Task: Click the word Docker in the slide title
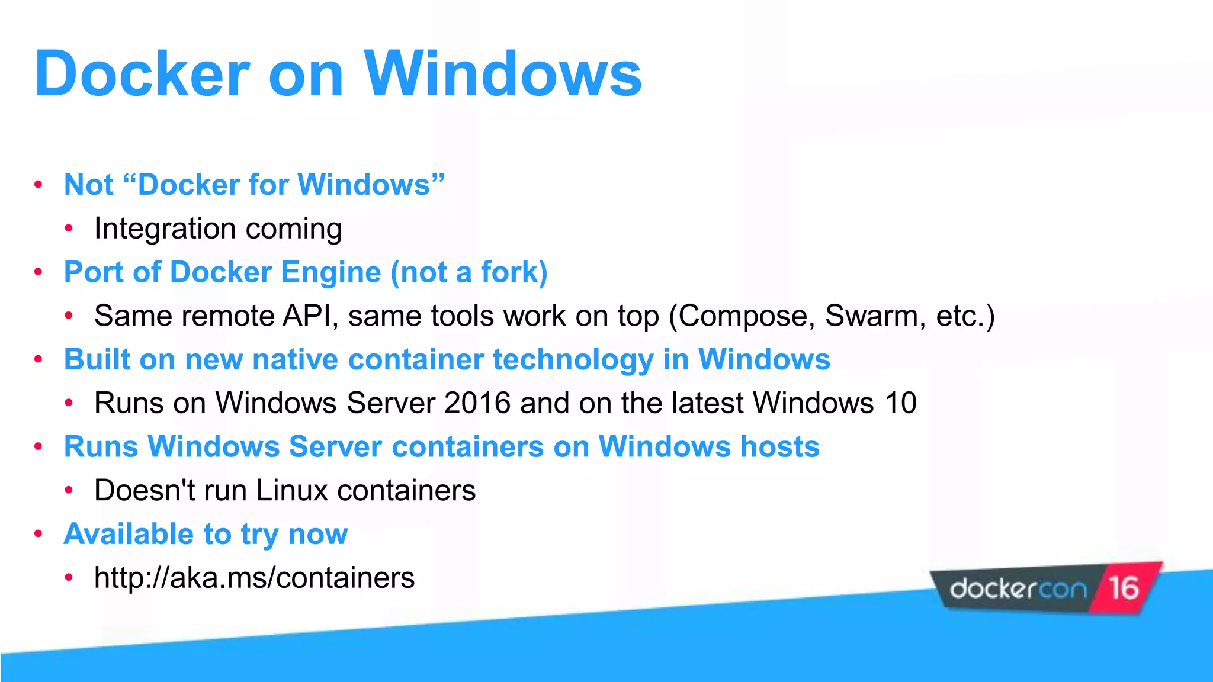(142, 74)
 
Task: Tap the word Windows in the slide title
(503, 74)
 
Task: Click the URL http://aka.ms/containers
(254, 578)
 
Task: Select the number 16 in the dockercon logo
(1124, 588)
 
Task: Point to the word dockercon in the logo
(1018, 590)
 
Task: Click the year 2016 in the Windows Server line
(477, 403)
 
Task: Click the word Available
(129, 534)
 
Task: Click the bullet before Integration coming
(69, 229)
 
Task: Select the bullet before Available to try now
(38, 534)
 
